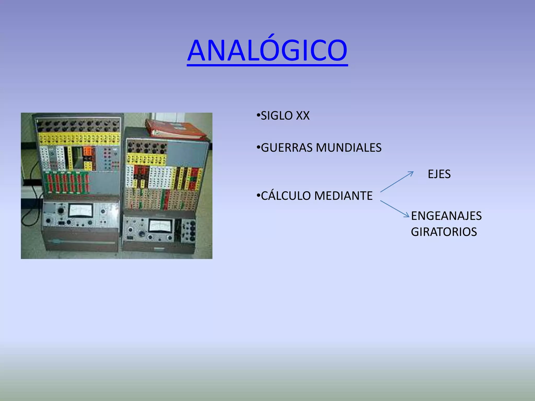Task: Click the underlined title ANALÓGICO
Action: (267, 50)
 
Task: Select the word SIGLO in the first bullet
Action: (276, 116)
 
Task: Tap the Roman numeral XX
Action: (303, 116)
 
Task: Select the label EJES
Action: (439, 174)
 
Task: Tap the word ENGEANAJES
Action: (446, 216)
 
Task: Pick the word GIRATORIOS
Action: (444, 232)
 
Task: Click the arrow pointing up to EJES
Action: (397, 182)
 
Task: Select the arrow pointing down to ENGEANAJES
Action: (395, 209)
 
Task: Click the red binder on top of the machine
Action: (175, 129)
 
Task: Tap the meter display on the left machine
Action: (80, 210)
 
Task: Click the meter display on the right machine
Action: (160, 226)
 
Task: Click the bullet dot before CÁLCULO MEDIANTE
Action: (258, 195)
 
